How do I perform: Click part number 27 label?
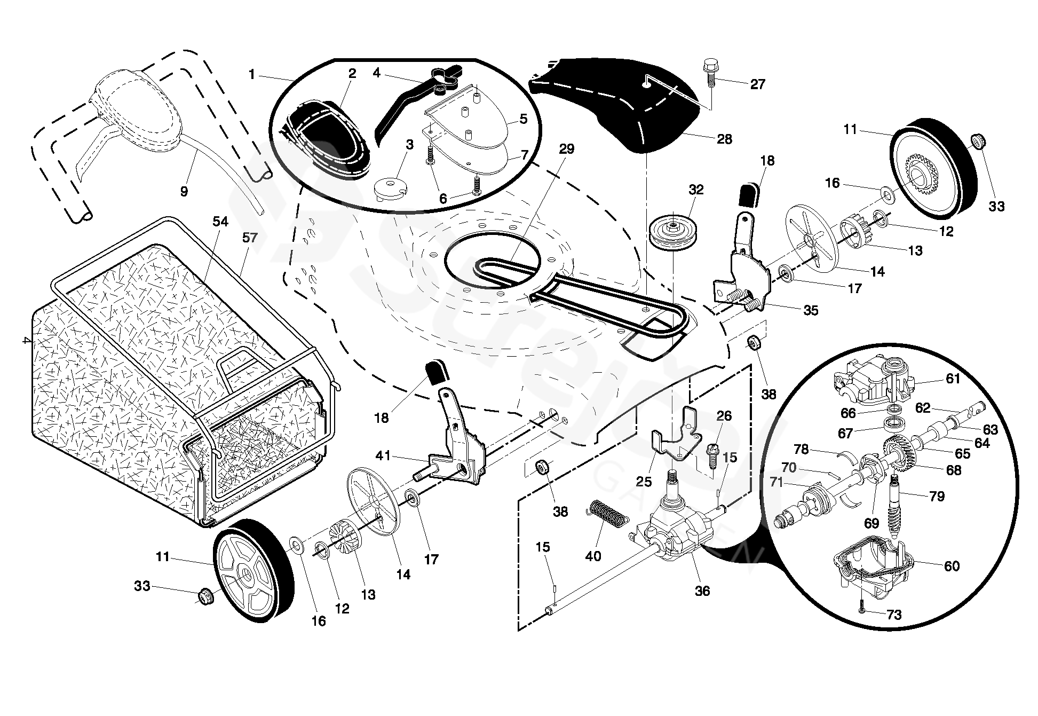(x=757, y=84)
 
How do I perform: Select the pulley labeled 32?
(x=671, y=231)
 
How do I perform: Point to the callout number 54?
(x=220, y=222)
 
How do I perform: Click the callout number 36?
(x=702, y=591)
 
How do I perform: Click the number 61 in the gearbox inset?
(x=953, y=379)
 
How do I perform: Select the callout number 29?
(x=566, y=150)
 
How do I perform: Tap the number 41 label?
(x=383, y=455)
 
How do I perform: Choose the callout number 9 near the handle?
(x=184, y=191)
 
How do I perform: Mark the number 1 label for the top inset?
(x=251, y=75)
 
